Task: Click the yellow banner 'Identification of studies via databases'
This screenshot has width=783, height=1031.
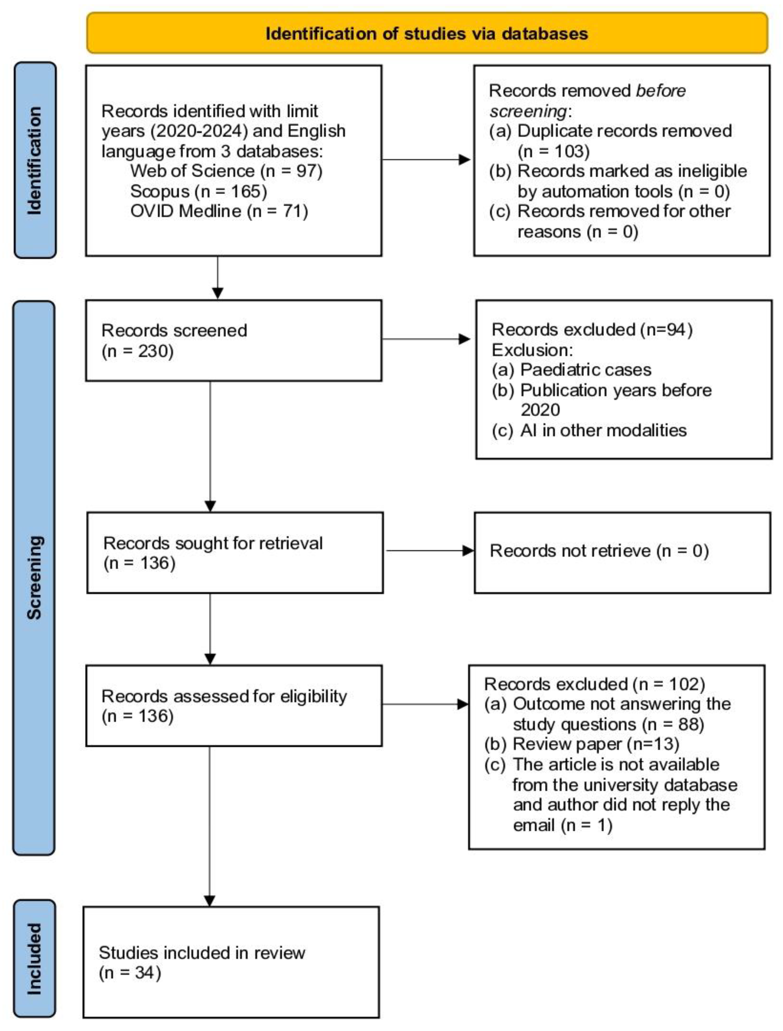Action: (x=427, y=34)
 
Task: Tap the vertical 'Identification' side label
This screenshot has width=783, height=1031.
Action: (x=35, y=161)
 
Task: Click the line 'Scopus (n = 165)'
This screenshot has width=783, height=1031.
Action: (x=198, y=191)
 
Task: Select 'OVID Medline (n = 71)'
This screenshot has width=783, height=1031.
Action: (x=219, y=211)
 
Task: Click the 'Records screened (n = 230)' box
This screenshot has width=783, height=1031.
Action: (x=233, y=340)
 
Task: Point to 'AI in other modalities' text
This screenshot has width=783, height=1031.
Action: (x=603, y=430)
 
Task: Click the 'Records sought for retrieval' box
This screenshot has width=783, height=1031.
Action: (x=235, y=553)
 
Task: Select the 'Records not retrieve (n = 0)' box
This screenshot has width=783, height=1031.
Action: (x=622, y=553)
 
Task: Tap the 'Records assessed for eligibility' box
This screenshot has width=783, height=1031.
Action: (x=234, y=706)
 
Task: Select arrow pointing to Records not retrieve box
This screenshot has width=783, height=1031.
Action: (x=429, y=551)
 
